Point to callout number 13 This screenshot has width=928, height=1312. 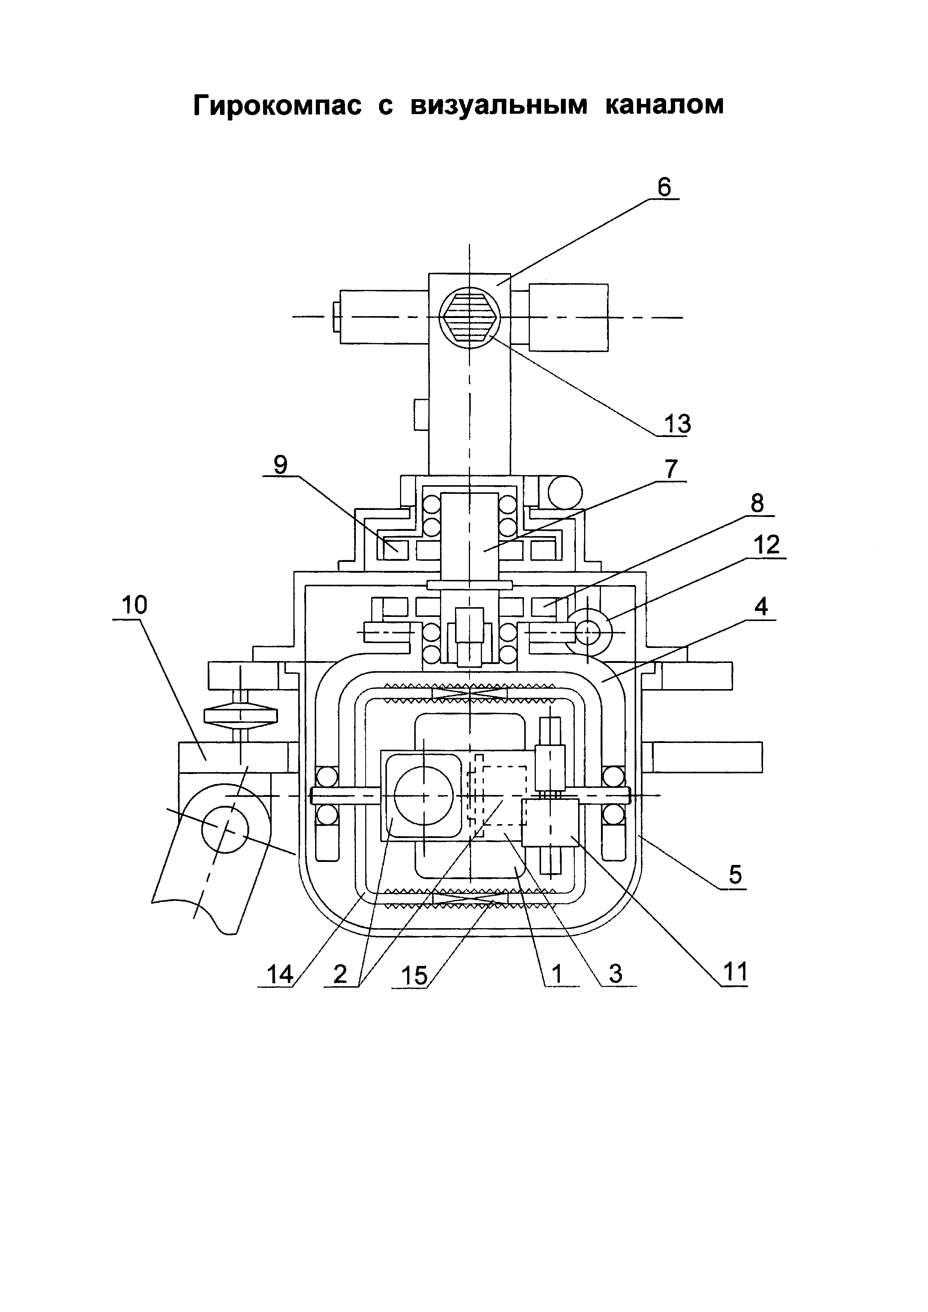point(677,423)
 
